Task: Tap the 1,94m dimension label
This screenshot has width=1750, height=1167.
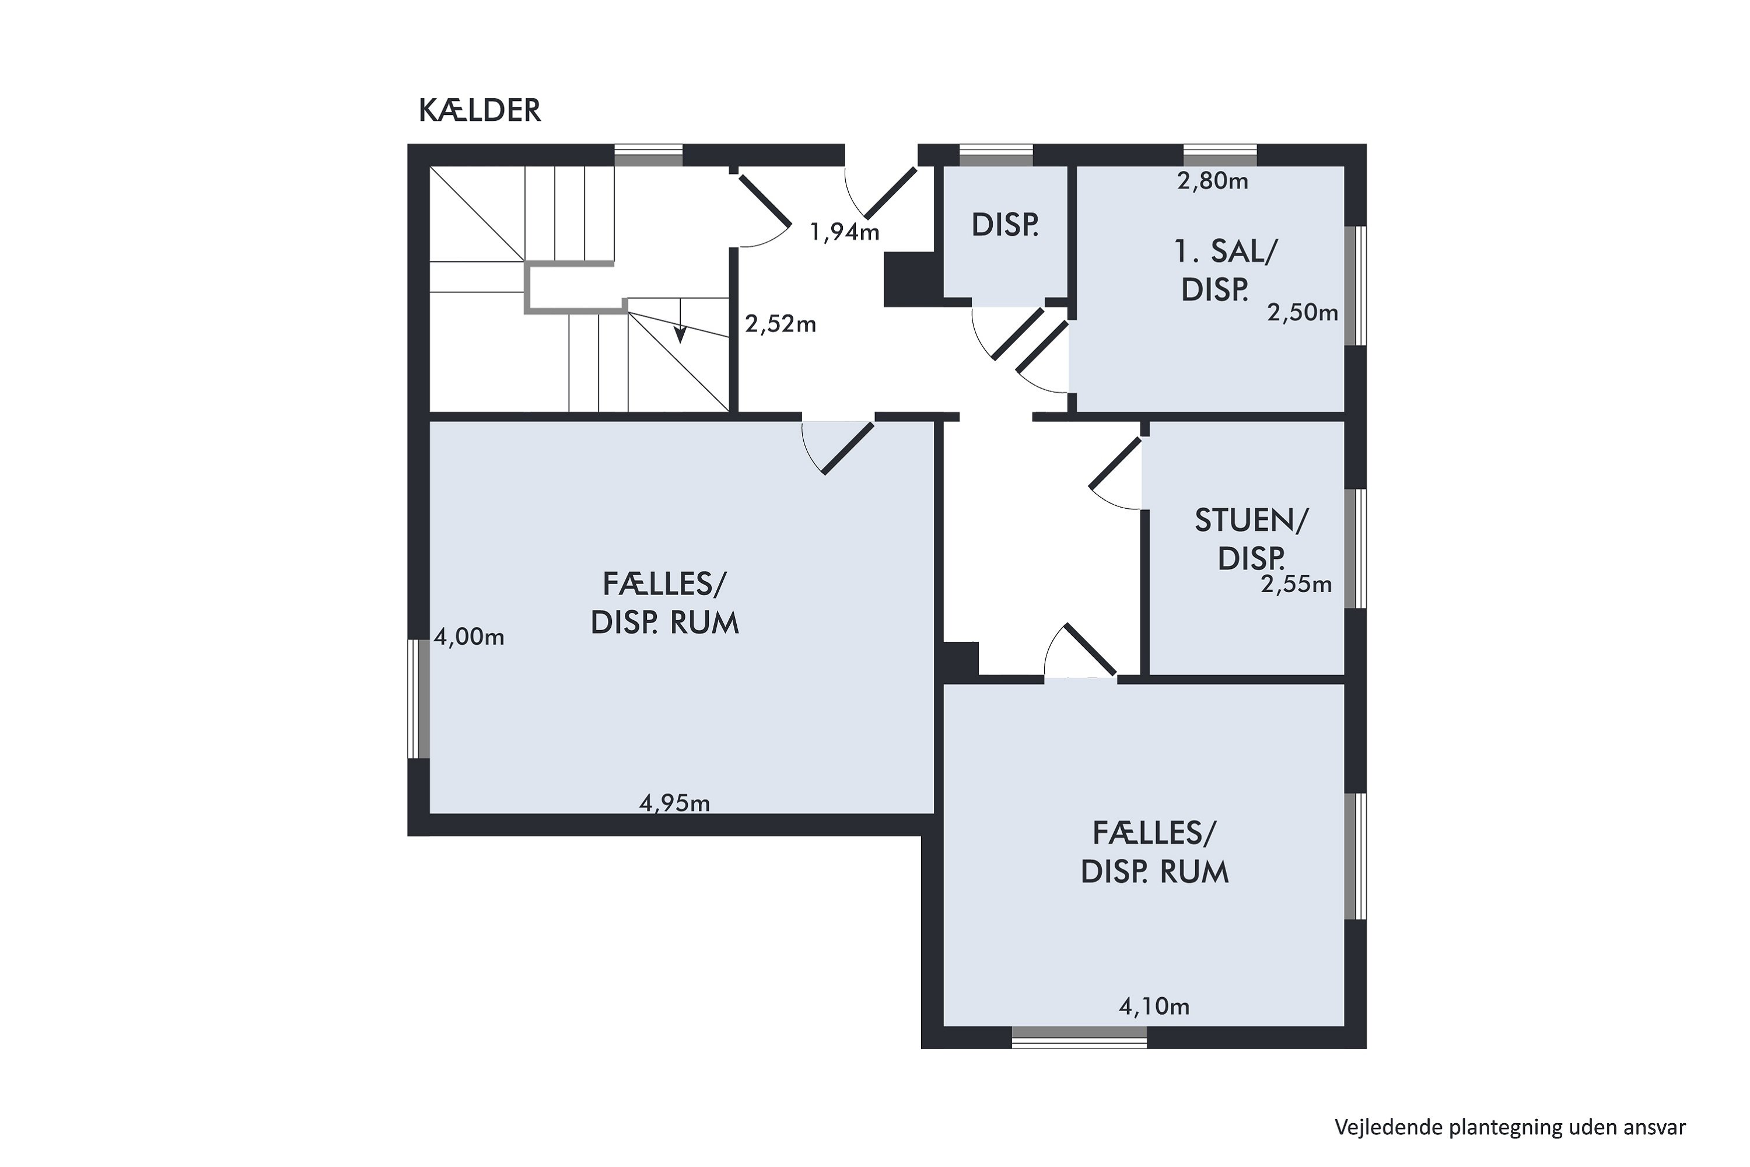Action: (845, 233)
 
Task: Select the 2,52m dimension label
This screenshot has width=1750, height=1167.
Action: (780, 324)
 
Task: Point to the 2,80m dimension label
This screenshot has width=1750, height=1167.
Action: (1213, 181)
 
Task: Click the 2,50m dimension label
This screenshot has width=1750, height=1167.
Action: (1303, 313)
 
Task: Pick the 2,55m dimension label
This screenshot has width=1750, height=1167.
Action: (1296, 584)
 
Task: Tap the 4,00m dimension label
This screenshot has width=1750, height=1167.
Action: (469, 637)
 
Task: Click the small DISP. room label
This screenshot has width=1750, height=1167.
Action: (1005, 225)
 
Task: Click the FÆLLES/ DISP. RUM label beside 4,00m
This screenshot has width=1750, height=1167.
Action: (664, 603)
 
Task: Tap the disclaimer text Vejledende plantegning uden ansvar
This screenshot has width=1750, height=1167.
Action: (1510, 1127)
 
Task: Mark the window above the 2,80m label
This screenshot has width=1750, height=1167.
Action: (1220, 155)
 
